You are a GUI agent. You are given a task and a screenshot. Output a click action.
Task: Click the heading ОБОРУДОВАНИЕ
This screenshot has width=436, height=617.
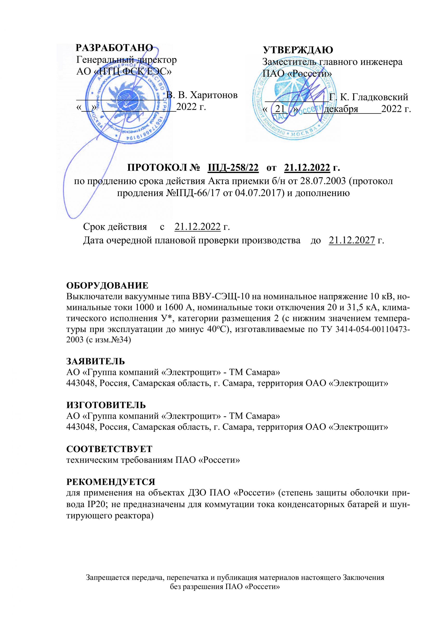coord(107,285)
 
